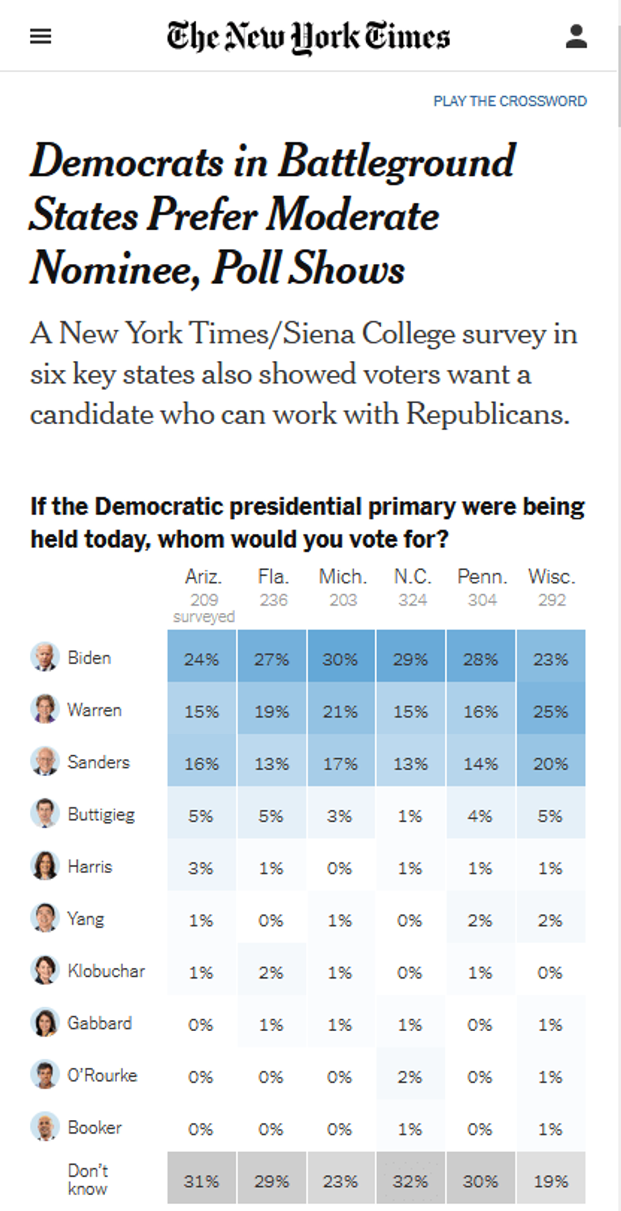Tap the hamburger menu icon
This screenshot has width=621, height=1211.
(41, 37)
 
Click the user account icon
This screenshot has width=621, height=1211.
(576, 37)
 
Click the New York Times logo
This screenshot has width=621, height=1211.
(309, 37)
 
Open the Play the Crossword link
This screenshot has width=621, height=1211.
(510, 101)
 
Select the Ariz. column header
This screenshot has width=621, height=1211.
(203, 577)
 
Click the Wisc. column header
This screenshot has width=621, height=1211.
(552, 577)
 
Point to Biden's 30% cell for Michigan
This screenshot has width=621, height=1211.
(341, 660)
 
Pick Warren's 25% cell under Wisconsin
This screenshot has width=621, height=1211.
(551, 712)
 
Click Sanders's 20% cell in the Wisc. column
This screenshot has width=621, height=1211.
(551, 764)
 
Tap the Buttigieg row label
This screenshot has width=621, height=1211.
(101, 815)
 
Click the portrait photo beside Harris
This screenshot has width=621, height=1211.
(45, 866)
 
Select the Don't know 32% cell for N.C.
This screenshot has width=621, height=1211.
(411, 1181)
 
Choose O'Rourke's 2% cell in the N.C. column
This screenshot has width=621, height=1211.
(411, 1077)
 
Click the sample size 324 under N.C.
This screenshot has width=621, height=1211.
(413, 600)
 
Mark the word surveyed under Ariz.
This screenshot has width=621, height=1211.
(204, 617)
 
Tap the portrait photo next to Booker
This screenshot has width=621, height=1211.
(45, 1127)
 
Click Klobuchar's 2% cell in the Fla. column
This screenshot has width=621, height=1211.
(271, 972)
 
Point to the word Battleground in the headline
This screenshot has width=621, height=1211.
(397, 161)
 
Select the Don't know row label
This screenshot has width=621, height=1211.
(88, 1179)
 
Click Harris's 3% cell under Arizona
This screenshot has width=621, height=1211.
(201, 868)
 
